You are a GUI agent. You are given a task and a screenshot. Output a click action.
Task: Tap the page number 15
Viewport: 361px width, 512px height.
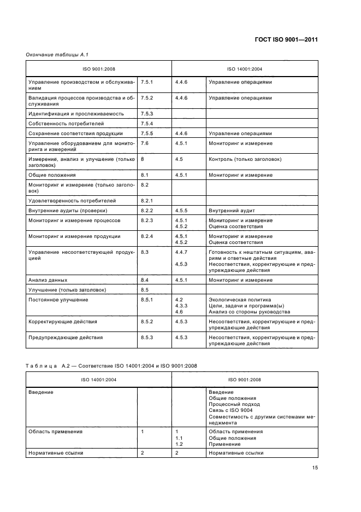[x=315, y=468]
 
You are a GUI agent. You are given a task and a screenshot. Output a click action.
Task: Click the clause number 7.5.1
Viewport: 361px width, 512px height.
[x=147, y=82]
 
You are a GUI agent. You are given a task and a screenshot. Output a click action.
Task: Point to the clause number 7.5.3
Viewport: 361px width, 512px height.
[x=147, y=114]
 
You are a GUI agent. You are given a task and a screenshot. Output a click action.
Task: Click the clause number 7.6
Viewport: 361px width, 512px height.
[x=145, y=143]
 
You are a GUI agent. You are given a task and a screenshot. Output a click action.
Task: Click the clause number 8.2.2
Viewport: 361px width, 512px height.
[x=147, y=211]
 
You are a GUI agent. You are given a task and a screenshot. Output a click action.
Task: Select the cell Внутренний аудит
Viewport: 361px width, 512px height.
[x=232, y=211]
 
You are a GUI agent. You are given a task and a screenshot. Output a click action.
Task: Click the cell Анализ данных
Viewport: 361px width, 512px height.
[x=48, y=280]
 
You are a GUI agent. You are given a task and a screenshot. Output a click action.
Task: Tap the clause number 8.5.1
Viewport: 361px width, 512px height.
[x=147, y=300]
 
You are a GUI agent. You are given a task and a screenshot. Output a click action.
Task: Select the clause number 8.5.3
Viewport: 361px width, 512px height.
[x=147, y=338]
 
